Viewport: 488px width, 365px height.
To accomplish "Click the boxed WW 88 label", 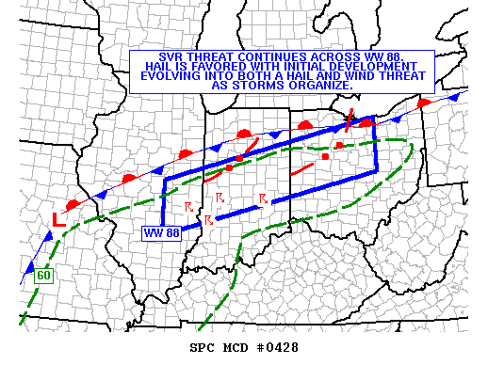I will click(160, 232).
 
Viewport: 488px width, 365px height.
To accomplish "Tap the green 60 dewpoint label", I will click(43, 276).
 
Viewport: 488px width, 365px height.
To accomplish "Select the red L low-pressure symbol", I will click(58, 220).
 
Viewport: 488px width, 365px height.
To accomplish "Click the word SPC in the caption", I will click(203, 348).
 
